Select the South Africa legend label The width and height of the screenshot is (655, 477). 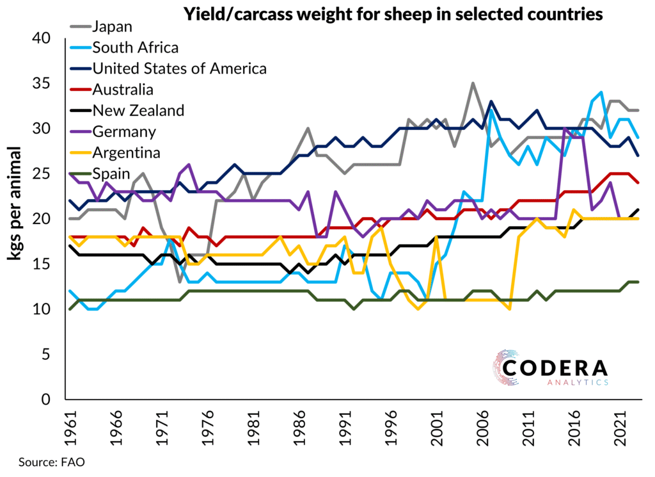pyautogui.click(x=135, y=47)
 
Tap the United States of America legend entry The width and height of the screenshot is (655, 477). pyautogui.click(x=179, y=68)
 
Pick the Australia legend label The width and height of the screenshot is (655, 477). pyautogui.click(x=122, y=89)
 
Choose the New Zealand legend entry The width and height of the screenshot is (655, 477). pyautogui.click(x=138, y=110)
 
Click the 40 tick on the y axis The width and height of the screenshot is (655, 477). pyautogui.click(x=45, y=38)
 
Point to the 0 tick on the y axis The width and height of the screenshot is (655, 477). pyautogui.click(x=51, y=400)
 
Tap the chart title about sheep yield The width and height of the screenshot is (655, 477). pyautogui.click(x=393, y=14)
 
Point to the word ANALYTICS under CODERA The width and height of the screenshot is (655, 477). pyautogui.click(x=577, y=383)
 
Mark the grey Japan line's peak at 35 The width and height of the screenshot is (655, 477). pyautogui.click(x=473, y=84)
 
